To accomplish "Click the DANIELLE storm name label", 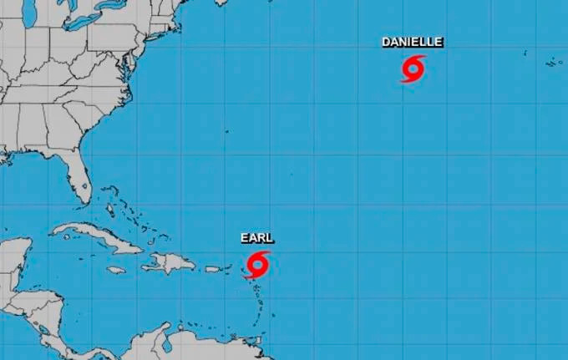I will click(x=412, y=42).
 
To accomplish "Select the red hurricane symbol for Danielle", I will click(x=413, y=68).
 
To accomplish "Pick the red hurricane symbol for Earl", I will click(x=258, y=264).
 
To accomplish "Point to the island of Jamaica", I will click(x=115, y=270).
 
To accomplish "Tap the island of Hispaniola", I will click(x=171, y=262).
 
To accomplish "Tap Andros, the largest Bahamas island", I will click(x=109, y=205).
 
